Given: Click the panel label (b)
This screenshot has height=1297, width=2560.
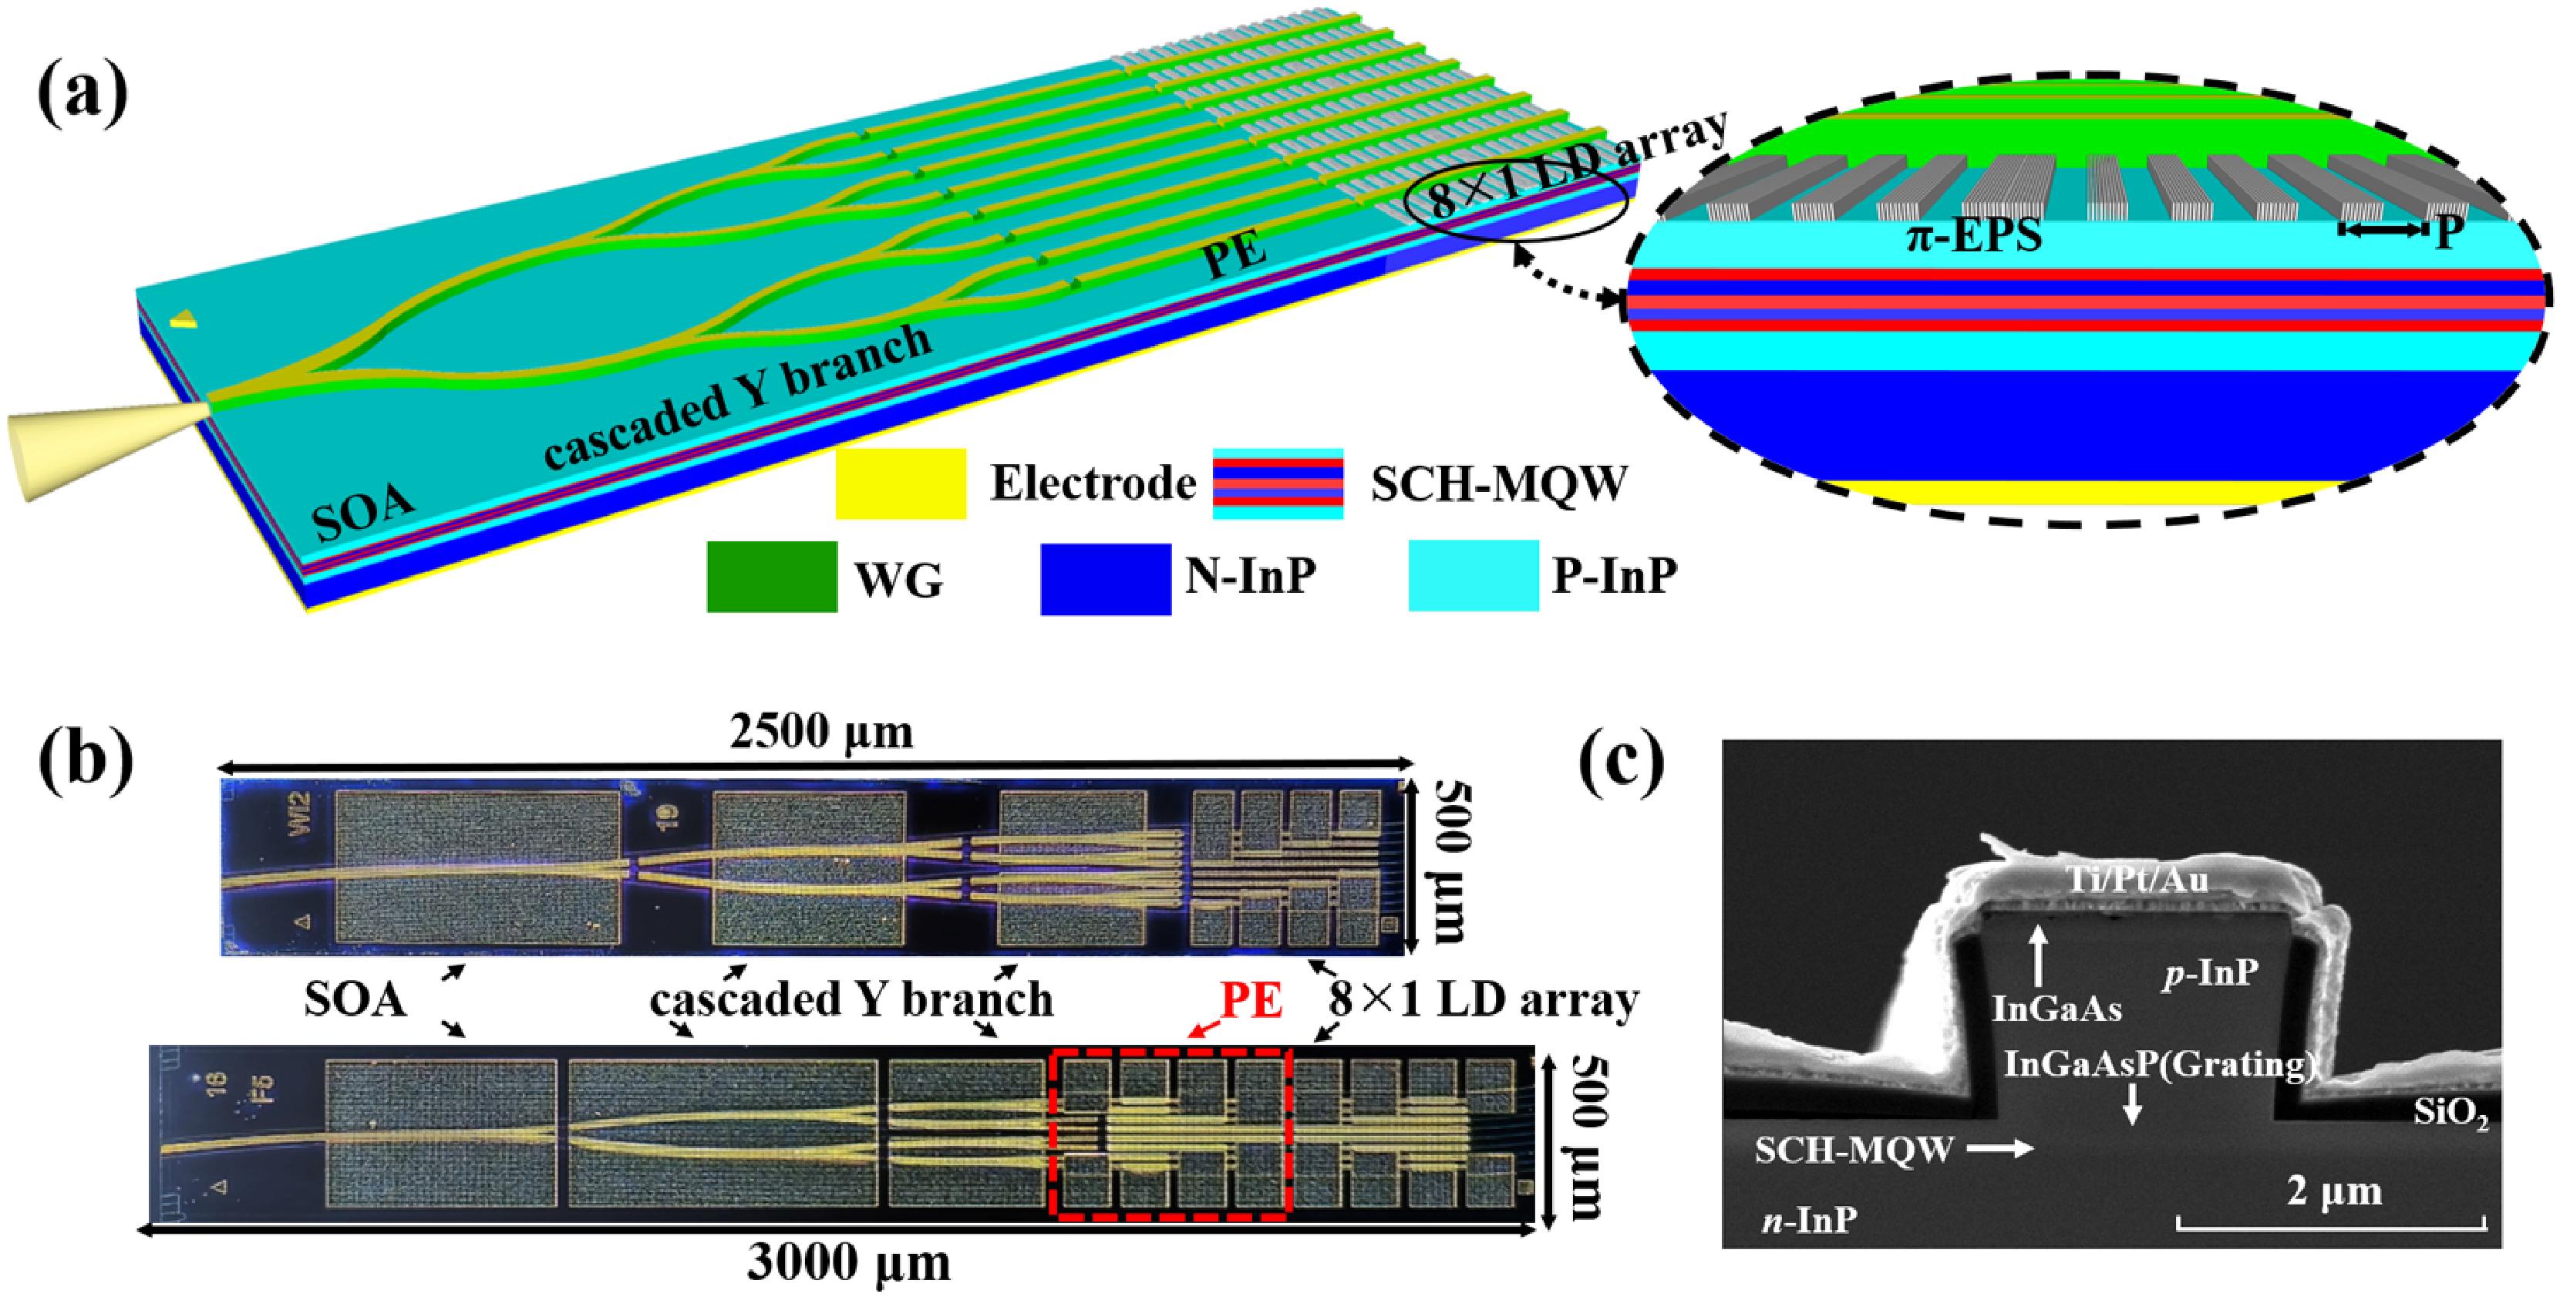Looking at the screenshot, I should (86, 763).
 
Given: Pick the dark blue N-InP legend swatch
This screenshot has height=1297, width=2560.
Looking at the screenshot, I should (1105, 578).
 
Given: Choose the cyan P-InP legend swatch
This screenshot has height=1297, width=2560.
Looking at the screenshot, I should (1474, 575).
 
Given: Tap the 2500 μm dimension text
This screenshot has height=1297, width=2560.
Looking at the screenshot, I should (821, 733).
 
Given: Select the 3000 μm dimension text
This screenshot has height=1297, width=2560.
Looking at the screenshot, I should (849, 1263).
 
